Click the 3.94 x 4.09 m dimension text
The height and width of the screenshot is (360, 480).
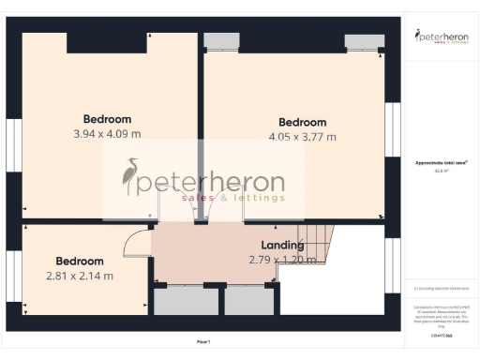pyautogui.click(x=107, y=134)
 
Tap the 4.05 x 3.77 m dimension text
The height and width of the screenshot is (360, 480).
pyautogui.click(x=303, y=137)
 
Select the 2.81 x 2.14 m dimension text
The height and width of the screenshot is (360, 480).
pyautogui.click(x=80, y=276)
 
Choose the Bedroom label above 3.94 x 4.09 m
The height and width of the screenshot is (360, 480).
pyautogui.click(x=107, y=119)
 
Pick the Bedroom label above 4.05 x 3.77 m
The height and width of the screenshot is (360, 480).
pyautogui.click(x=303, y=122)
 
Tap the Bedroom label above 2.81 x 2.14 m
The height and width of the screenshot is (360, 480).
pyautogui.click(x=79, y=261)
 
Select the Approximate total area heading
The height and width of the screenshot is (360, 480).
pyautogui.click(x=441, y=162)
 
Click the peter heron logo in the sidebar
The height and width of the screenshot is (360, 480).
pyautogui.click(x=441, y=37)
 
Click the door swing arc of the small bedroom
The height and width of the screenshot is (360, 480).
pyautogui.click(x=137, y=242)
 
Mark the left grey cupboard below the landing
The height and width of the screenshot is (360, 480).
pyautogui.click(x=186, y=299)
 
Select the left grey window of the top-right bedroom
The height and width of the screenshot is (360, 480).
pyautogui.click(x=222, y=40)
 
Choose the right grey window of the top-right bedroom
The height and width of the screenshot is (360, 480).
pyautogui.click(x=364, y=40)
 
